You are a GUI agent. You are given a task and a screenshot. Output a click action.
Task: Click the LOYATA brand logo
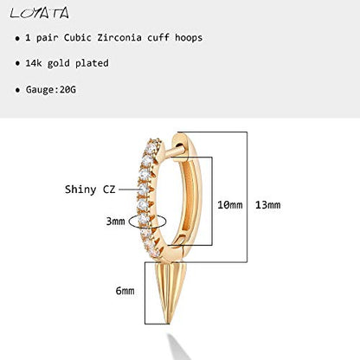coord(40,13)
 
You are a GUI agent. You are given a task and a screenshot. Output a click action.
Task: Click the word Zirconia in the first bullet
coord(119,37)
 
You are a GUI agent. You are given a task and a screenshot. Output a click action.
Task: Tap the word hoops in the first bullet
coord(189,38)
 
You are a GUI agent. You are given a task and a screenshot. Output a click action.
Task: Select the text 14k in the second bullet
coord(34,63)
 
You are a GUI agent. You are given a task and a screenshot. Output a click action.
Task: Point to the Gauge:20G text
coord(51,90)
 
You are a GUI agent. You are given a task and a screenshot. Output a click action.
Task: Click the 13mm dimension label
coord(267,205)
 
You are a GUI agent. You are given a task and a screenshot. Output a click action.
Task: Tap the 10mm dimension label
coord(230,205)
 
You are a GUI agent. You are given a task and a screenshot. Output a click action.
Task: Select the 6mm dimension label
coord(125,291)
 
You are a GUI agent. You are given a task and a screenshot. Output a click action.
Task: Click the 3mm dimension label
coord(115,222)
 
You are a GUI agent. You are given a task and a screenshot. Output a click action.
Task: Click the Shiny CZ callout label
coord(90,190)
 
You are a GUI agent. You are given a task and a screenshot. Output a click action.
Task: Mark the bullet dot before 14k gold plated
coord(17,63)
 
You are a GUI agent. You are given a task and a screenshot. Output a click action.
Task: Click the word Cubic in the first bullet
coord(78,37)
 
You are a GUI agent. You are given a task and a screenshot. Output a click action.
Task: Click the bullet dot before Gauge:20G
coord(17,90)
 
